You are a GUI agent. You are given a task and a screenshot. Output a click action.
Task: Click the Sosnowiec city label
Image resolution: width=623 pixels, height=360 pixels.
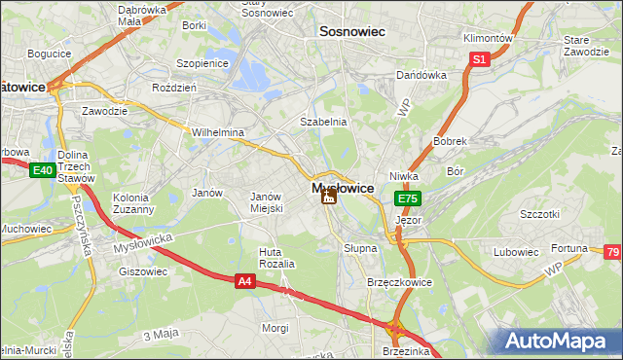(x=352, y=32)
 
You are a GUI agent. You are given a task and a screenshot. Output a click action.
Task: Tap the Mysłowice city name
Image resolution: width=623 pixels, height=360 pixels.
(x=342, y=188)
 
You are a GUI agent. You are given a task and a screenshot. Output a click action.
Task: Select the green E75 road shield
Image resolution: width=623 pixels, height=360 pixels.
(x=407, y=198)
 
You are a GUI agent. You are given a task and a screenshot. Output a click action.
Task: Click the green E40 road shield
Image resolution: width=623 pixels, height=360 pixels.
(x=41, y=171)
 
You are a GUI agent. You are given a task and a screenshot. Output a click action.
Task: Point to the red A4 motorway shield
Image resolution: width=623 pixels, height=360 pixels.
(x=247, y=281)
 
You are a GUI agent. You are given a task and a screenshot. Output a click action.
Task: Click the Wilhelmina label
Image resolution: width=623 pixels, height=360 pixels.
(x=218, y=132)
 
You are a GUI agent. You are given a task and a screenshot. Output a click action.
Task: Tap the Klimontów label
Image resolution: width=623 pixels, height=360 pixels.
(x=487, y=38)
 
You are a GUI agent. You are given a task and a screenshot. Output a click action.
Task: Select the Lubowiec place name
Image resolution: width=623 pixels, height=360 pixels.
(x=516, y=252)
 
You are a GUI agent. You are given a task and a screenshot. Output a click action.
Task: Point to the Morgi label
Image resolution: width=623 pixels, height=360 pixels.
(x=275, y=328)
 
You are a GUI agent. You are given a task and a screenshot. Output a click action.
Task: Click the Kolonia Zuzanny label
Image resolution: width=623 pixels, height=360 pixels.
(x=133, y=202)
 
